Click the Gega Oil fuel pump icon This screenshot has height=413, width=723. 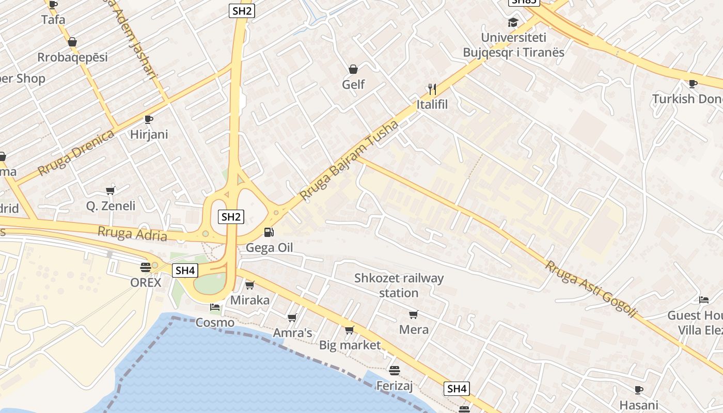269,232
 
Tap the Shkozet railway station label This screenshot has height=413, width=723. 399,285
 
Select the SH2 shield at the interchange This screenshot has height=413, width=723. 231,217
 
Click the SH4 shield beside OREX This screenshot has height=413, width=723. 185,270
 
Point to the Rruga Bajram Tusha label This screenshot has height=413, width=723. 349,161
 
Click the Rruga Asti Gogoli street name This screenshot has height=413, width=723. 591,289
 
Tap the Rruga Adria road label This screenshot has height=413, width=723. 132,234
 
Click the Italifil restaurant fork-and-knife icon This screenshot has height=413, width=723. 432,89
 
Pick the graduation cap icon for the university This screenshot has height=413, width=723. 512,22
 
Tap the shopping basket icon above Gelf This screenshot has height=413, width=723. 353,69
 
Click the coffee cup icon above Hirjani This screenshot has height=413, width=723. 149,119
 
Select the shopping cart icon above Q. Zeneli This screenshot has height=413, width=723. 110,190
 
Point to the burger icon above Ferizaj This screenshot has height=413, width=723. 395,370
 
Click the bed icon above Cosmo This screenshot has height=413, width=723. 215,307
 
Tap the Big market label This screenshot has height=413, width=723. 350,345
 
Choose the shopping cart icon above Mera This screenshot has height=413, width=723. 413,314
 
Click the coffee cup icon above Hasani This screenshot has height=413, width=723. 639,390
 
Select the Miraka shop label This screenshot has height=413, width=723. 250,300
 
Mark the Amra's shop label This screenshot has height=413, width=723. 292,333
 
